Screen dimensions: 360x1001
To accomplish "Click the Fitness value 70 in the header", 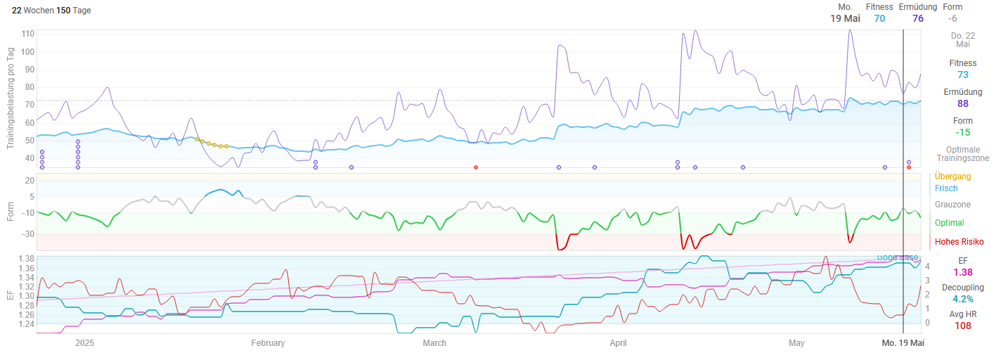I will tap(879, 18).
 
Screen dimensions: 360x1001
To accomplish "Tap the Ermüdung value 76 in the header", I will tap(918, 18).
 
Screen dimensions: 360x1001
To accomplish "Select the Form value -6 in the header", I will tap(952, 18).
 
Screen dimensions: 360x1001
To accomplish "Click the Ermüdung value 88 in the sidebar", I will tap(962, 103).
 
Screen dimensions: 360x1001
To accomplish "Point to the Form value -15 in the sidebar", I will tap(962, 132).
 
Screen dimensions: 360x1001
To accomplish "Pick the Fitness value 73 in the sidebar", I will tap(962, 75).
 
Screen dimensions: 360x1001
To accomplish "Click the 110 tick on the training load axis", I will tap(28, 34).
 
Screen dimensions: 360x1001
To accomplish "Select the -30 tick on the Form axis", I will tap(27, 234).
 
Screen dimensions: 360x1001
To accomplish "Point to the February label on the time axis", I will tap(268, 343).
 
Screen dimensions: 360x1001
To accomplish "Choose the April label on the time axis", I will tap(618, 343).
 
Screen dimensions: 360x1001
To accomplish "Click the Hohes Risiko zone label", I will tap(959, 242).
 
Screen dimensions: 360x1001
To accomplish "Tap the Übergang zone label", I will tap(952, 176).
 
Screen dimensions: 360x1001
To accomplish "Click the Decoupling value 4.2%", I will tap(962, 299).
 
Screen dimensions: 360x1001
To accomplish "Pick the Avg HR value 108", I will tap(962, 326).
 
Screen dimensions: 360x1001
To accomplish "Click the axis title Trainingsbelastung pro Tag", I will tap(11, 98).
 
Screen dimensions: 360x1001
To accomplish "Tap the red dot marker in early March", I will tap(476, 167).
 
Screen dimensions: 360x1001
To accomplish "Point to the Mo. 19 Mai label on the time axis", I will tap(903, 343).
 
